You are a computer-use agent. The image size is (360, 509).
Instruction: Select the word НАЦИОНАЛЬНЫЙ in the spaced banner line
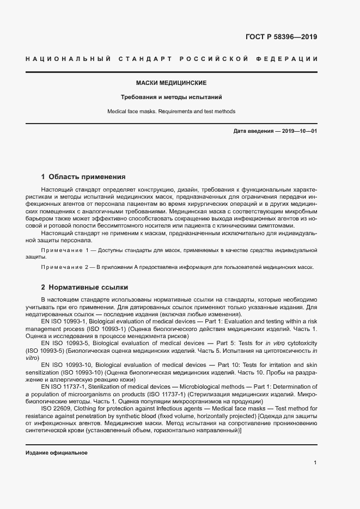(x=69, y=59)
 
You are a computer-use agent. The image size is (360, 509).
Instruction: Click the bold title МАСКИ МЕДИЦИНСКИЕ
(x=171, y=83)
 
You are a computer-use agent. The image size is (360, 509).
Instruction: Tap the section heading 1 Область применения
(x=83, y=177)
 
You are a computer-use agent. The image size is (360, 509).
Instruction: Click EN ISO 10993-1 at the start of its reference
(x=64, y=322)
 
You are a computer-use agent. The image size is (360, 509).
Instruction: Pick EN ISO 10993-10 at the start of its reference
(x=65, y=364)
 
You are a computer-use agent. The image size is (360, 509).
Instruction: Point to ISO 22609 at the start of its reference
(x=56, y=408)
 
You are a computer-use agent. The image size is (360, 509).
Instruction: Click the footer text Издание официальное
(x=57, y=453)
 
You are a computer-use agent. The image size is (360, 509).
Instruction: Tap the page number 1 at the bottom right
(x=315, y=463)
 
